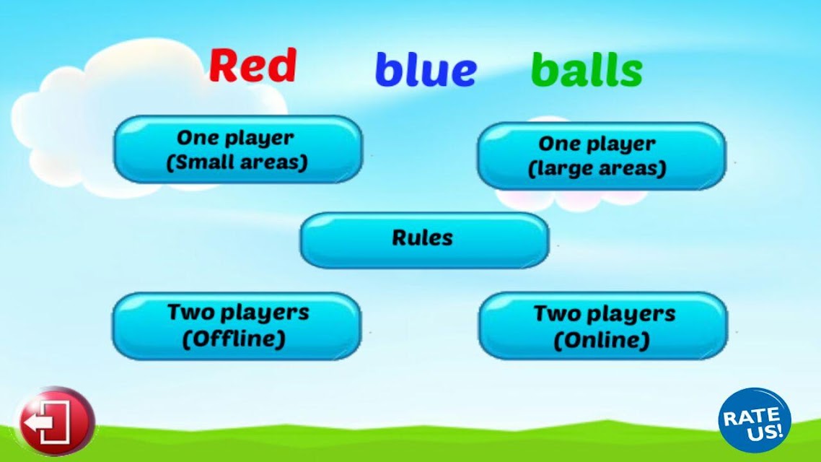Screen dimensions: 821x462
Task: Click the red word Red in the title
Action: click(x=253, y=65)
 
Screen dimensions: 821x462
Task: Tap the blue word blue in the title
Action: click(x=426, y=69)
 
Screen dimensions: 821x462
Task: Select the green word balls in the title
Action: click(x=587, y=69)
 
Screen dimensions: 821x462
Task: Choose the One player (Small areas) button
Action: click(x=237, y=150)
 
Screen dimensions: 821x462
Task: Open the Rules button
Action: click(x=424, y=240)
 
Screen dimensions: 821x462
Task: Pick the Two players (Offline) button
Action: click(x=237, y=326)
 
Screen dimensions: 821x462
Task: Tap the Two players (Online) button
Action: click(x=602, y=326)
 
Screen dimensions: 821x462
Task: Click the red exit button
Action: click(x=55, y=421)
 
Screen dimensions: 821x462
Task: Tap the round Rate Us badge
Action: click(x=754, y=421)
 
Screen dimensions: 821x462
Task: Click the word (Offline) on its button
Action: click(x=234, y=339)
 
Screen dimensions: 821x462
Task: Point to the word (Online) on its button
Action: click(x=602, y=341)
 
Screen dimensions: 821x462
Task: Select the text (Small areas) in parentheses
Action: click(x=237, y=162)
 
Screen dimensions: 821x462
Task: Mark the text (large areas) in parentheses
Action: click(x=597, y=169)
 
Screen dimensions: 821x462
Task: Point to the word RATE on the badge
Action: click(x=750, y=417)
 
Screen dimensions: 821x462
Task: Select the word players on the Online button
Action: click(x=631, y=315)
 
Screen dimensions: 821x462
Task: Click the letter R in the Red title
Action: click(x=222, y=65)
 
